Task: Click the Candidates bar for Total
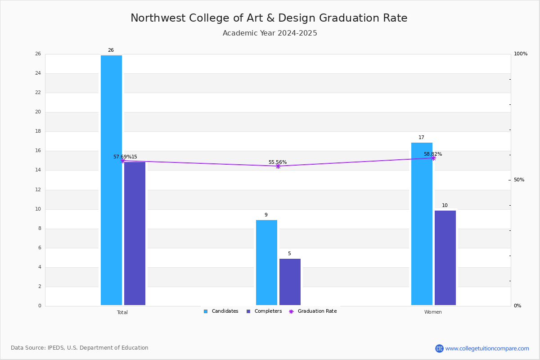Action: [112, 180]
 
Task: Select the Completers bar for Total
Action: [135, 234]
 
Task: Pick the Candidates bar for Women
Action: [422, 224]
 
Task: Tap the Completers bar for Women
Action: [445, 258]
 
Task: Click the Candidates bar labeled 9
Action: [266, 263]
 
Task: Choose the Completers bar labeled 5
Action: [290, 282]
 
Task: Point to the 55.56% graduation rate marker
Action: [278, 166]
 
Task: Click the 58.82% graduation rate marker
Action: [433, 158]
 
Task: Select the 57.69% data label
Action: [122, 157]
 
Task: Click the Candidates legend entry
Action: [221, 311]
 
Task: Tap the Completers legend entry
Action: [264, 311]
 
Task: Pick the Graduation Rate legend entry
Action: [313, 311]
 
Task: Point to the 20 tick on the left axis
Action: [38, 112]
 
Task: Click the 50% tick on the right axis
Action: [519, 180]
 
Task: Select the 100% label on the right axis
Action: [521, 54]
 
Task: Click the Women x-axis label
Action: [433, 312]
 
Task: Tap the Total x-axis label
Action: [122, 312]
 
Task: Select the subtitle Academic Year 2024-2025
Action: [270, 33]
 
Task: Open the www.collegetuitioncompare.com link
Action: [487, 348]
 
